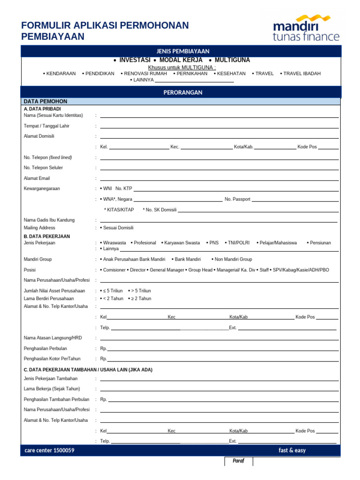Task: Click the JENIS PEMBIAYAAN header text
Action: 183,51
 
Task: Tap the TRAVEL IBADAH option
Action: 302,74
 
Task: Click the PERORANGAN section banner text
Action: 183,92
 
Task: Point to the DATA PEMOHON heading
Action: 45,101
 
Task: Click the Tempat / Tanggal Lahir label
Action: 46,126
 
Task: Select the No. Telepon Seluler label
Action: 43,167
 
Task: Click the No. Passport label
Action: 238,199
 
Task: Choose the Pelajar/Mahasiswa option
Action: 278,243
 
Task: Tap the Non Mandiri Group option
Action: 233,259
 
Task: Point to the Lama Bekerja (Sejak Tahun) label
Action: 52,389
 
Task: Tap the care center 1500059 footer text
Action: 49,450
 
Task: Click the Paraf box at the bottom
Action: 239,461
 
